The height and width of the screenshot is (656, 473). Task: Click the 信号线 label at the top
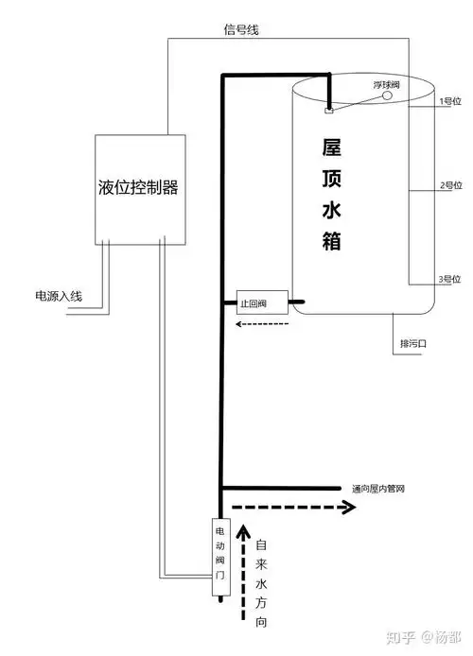(240, 30)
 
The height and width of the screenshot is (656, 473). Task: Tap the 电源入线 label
(59, 297)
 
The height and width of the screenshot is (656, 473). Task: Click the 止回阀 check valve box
(253, 304)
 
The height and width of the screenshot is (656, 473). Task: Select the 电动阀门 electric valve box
(219, 557)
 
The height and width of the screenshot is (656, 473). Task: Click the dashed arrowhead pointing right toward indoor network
(349, 507)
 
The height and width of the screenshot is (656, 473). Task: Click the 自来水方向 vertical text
(262, 584)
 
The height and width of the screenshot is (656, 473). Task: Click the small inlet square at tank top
(328, 111)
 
